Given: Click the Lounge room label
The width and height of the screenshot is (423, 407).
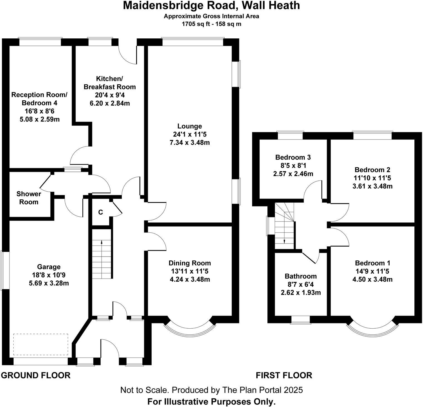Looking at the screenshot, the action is point(190,126).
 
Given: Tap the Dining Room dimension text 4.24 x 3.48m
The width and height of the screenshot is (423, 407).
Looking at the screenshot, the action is point(190,279).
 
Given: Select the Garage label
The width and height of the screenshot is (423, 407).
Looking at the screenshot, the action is point(49,267).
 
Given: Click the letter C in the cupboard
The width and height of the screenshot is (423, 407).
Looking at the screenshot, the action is point(101,212).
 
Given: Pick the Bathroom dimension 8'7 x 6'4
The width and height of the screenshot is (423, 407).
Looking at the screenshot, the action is point(301,284).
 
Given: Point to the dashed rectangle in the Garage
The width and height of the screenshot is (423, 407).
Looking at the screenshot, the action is point(41,344).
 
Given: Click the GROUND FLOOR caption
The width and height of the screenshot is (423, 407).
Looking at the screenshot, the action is point(36,375).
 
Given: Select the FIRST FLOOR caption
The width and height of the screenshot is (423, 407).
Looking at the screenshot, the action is point(284,375).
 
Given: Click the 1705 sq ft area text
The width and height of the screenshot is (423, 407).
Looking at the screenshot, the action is point(196,24).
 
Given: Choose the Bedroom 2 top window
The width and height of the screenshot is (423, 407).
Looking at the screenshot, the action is point(373,135).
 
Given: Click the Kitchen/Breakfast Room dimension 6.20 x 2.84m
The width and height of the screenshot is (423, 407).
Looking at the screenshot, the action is point(110,103).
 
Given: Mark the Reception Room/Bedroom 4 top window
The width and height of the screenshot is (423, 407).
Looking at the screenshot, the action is point(40,42).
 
